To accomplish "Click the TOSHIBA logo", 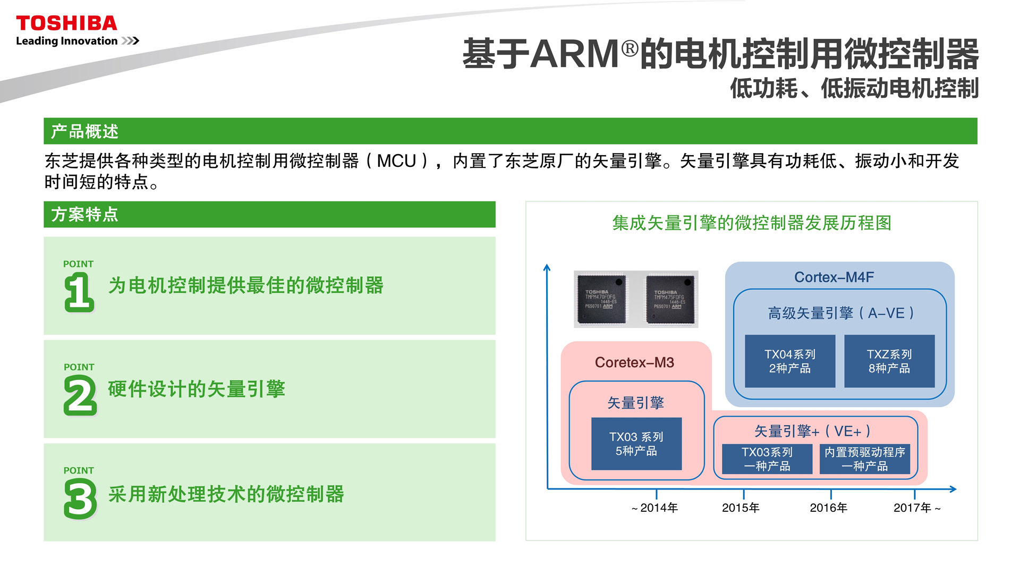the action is [66, 23].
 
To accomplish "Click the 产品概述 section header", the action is [85, 131].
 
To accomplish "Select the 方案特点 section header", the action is [85, 214].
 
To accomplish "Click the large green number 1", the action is [79, 292].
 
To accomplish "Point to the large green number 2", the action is [80, 395].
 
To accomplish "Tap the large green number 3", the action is [80, 499].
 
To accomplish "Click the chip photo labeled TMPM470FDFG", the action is [601, 299].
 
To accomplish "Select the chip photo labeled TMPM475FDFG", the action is [670, 299].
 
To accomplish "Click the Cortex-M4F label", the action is [834, 277].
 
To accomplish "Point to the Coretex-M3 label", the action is [634, 362].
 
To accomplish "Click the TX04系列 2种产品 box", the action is [790, 361].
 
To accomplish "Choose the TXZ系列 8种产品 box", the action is [889, 361].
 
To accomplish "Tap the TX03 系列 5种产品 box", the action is [636, 444].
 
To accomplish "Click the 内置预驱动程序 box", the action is [865, 459].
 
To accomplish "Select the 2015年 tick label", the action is [741, 508].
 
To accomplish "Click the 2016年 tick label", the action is [828, 508].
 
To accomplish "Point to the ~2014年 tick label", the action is [654, 508].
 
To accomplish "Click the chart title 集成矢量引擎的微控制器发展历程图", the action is [752, 223].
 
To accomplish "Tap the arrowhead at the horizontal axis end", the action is [953, 489].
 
